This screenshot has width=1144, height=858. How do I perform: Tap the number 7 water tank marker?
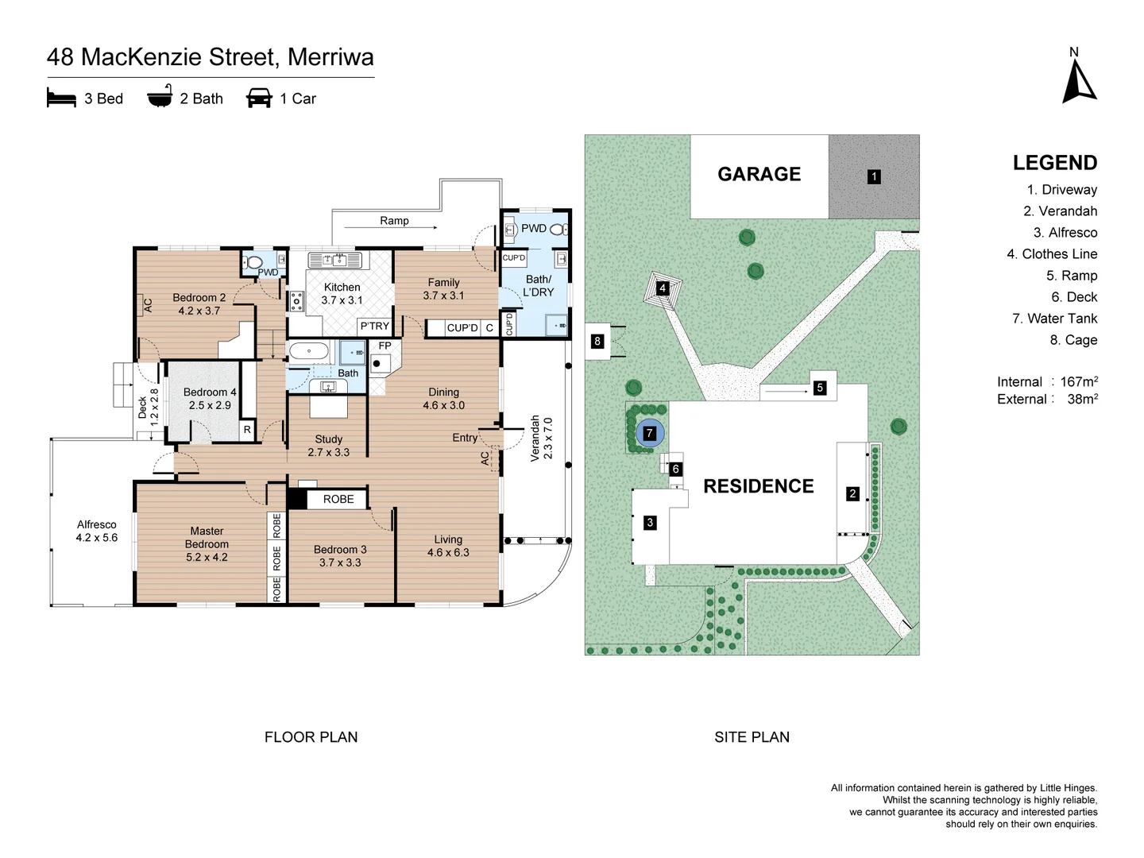point(649,433)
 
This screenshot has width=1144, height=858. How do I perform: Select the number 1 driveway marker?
point(874,176)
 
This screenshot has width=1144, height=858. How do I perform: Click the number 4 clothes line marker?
point(662,288)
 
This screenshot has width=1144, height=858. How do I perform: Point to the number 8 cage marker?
point(597,342)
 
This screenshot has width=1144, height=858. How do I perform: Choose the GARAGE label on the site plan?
point(759,174)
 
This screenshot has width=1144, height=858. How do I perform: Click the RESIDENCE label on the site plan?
point(759,486)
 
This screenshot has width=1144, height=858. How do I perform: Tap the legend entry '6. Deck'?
point(1074,297)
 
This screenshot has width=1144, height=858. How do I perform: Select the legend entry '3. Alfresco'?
point(1065,232)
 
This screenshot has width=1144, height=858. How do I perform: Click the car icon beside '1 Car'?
point(259,98)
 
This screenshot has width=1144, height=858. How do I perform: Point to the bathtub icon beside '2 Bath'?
point(160,96)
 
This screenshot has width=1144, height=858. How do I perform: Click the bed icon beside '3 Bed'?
point(61,98)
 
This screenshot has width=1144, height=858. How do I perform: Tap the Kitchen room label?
point(342,287)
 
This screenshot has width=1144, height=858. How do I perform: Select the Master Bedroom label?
point(207,538)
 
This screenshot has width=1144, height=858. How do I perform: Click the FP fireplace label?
point(385,346)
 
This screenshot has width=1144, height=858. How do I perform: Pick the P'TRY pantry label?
point(375,326)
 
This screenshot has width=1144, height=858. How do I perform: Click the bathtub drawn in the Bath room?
point(309,351)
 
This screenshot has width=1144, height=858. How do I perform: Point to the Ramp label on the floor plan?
point(394,220)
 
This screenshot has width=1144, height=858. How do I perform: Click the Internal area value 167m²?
point(1079,381)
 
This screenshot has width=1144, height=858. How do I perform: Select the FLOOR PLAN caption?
point(311,737)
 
